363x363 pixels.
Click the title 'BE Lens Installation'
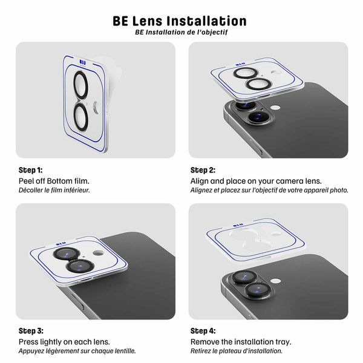(180, 21)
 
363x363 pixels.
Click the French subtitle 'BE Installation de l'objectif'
(181, 33)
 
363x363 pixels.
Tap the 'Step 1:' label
(31, 170)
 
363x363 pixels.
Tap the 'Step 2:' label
(203, 170)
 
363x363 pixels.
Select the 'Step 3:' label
(31, 331)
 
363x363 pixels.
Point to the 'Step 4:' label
(203, 331)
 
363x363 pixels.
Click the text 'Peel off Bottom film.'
(54, 181)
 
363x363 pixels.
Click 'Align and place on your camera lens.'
(256, 181)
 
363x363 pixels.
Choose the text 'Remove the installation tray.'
(241, 342)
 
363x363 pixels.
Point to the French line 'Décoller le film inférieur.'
(54, 190)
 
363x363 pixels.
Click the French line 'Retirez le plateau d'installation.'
(237, 351)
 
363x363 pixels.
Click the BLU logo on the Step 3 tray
(61, 244)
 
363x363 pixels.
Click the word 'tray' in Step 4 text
(283, 342)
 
